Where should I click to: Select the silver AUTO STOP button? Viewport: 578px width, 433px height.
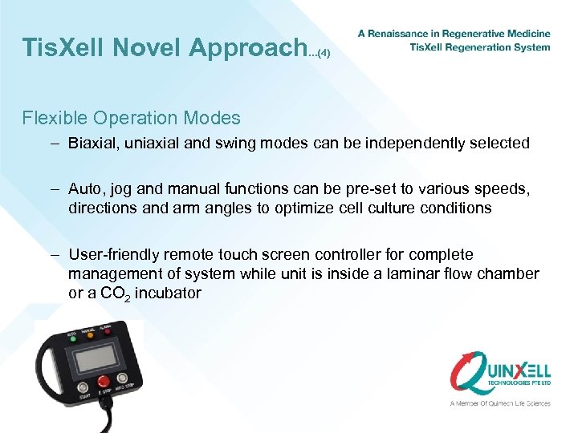(x=121, y=378)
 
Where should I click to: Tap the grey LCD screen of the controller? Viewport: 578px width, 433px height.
(x=97, y=358)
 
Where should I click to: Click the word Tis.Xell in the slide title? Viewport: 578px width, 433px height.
(x=63, y=47)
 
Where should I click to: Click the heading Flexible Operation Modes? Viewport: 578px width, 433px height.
(x=132, y=118)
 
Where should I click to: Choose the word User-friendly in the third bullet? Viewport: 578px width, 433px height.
(x=114, y=254)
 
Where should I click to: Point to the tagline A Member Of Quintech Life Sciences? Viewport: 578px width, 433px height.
(x=500, y=403)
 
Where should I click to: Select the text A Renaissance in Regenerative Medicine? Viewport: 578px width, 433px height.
(x=454, y=34)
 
